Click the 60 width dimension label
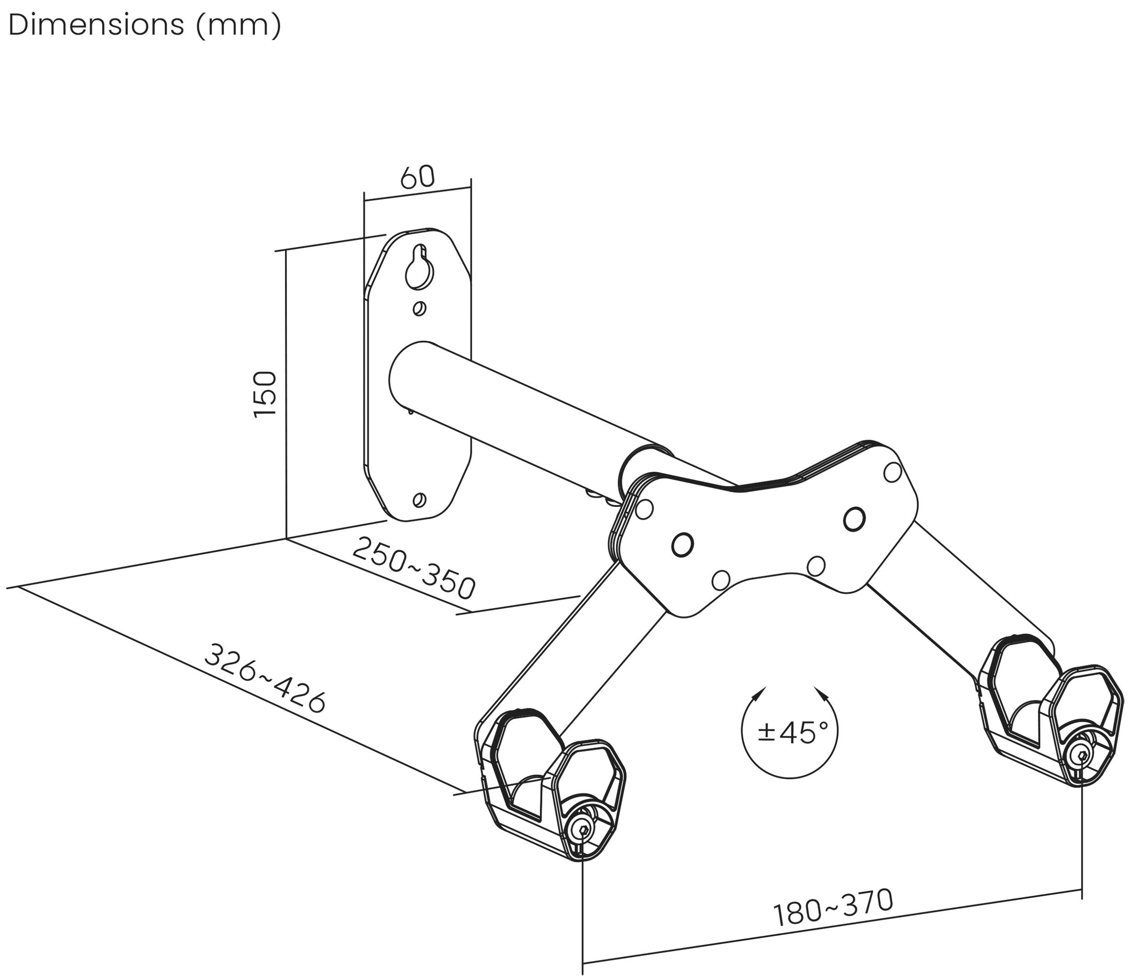pos(417,177)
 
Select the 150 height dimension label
pos(265,394)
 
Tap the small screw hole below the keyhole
pos(419,309)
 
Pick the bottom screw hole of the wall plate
pos(420,499)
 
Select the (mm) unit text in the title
pos(238,25)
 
